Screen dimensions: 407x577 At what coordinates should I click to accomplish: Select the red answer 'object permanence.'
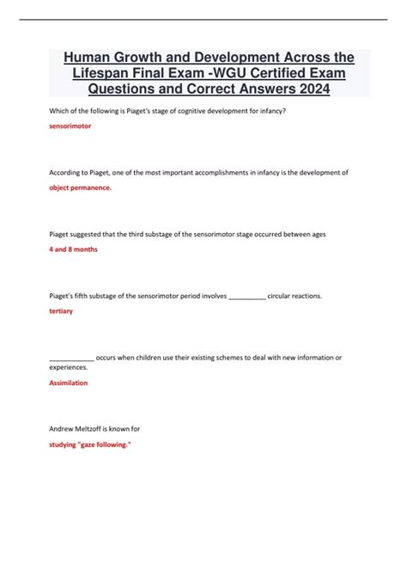[80, 187]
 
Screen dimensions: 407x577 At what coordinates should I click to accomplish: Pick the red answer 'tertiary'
[61, 310]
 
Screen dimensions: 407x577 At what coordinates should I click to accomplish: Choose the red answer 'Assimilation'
[69, 383]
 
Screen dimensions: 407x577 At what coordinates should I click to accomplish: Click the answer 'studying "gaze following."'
[90, 445]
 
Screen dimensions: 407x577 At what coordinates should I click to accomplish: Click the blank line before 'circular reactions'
[248, 296]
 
